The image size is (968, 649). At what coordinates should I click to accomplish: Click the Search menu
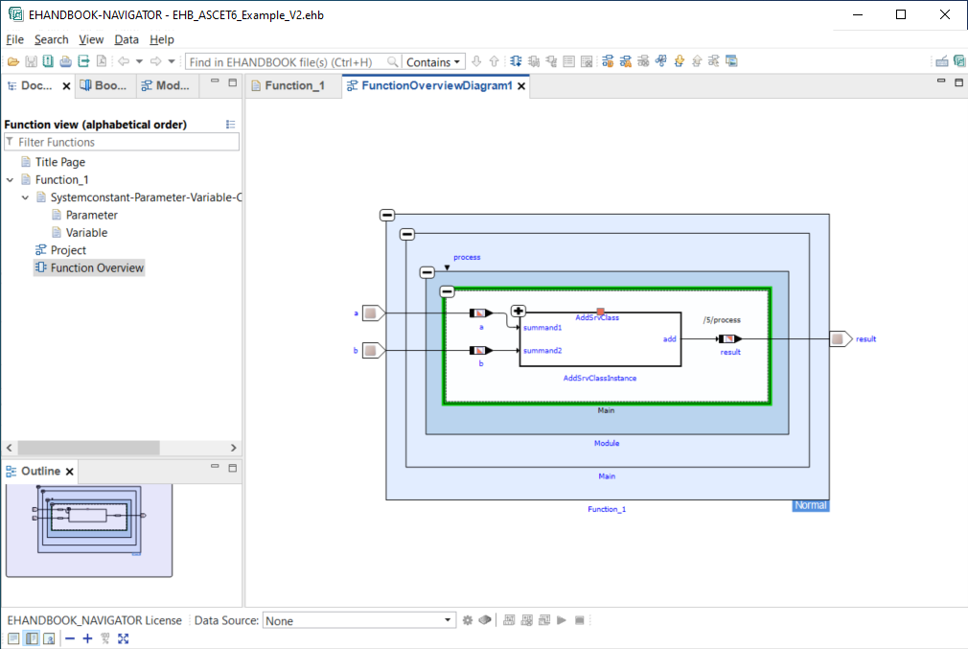[51, 39]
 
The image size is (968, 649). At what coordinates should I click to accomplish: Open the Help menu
[162, 39]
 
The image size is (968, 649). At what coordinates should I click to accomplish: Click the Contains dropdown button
[433, 61]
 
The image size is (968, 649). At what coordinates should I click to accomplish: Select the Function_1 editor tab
[294, 85]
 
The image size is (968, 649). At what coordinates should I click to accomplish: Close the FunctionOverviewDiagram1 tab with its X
[521, 86]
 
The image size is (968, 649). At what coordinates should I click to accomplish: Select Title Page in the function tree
[59, 162]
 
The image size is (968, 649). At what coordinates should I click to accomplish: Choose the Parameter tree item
[91, 215]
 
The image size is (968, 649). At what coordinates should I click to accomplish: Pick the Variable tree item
[86, 233]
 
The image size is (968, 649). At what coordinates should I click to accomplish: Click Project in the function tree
[68, 250]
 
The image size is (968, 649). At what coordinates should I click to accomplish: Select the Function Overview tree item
[97, 268]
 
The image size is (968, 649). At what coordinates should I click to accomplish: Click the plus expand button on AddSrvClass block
[519, 311]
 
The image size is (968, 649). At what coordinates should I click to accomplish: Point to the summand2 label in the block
[542, 351]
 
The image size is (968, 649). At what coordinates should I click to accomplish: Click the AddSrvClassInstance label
[599, 378]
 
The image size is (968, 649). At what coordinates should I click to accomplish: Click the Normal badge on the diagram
[810, 505]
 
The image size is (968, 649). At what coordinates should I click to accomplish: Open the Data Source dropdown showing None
[358, 621]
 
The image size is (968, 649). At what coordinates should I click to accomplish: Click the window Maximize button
[900, 14]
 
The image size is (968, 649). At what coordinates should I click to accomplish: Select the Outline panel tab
[40, 472]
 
